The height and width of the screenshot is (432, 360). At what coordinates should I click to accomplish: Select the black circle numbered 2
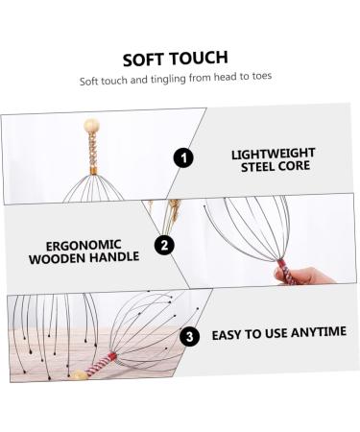coord(165,245)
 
